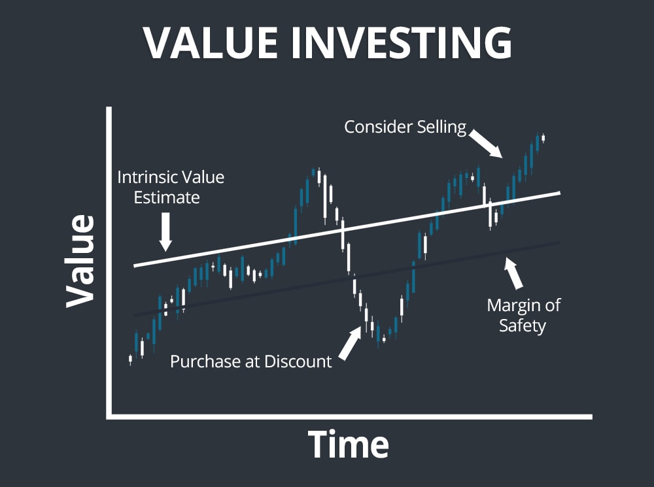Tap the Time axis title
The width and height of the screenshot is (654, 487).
[x=349, y=445]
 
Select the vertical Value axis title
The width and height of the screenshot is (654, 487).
[x=80, y=261]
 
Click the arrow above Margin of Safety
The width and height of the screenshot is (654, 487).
[x=514, y=273]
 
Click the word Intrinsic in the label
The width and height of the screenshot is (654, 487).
[x=145, y=177]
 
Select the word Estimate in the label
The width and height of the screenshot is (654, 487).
[x=167, y=197]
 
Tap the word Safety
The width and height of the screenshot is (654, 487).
[x=522, y=325]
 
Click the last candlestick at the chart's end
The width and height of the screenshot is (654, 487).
[x=543, y=137]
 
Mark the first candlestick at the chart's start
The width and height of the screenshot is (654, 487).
[x=130, y=359]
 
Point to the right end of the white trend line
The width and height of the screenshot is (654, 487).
[x=559, y=193]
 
